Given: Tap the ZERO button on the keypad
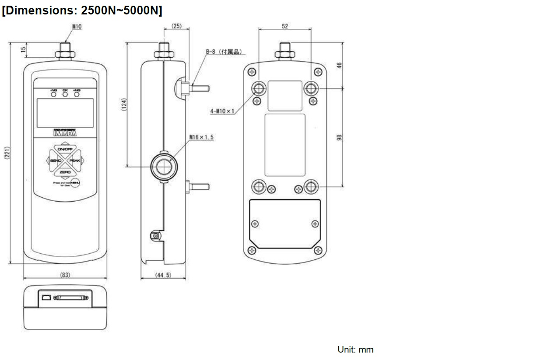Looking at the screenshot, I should click(x=65, y=172).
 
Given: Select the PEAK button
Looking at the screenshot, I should click(x=75, y=161).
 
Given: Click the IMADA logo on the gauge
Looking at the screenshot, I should click(x=65, y=133).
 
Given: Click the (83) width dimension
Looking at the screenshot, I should click(x=65, y=275).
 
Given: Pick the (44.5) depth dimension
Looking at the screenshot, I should click(x=163, y=275).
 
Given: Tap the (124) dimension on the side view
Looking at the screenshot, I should click(x=123, y=104).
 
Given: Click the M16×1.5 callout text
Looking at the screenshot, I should click(x=201, y=137).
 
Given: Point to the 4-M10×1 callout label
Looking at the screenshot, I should click(x=222, y=111).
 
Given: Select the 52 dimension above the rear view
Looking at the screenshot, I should click(x=285, y=26).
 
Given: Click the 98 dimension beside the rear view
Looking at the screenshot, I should click(x=339, y=137).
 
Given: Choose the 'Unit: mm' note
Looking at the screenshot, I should click(x=355, y=350).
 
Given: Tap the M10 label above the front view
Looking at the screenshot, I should click(x=77, y=26).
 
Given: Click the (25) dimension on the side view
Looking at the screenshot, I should click(x=176, y=26).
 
